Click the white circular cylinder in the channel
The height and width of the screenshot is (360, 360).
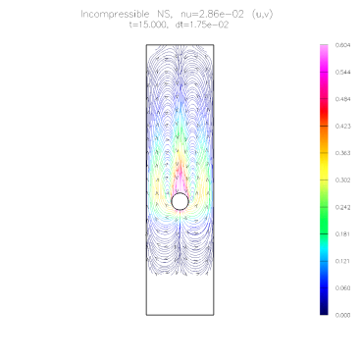180,201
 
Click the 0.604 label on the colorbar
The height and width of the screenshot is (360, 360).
342,45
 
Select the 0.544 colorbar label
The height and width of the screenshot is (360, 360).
342,73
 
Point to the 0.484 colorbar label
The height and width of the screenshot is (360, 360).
342,99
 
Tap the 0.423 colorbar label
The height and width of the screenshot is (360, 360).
342,127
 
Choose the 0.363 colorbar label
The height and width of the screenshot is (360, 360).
342,153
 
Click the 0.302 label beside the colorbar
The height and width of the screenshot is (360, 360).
342,180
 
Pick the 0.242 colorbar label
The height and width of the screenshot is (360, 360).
342,207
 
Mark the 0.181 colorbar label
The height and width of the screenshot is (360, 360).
342,234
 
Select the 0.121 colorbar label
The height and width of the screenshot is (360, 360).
342,261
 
